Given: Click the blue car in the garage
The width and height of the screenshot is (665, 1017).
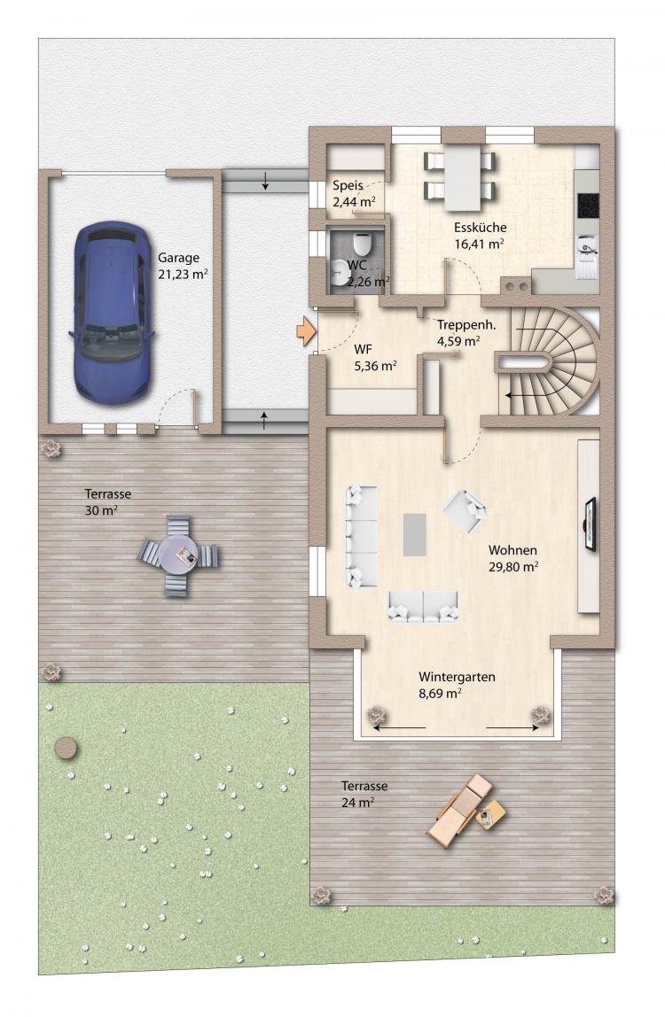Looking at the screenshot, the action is pos(112,314).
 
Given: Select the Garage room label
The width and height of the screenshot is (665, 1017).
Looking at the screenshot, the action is pos(178,258).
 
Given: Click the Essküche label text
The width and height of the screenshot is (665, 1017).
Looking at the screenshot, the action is pos(480,228).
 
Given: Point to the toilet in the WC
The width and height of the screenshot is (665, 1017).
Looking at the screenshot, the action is pos(362,244).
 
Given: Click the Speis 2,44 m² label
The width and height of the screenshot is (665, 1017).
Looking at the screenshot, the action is pos(354,194).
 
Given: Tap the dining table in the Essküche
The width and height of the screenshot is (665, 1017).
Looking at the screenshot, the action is pos(462,177).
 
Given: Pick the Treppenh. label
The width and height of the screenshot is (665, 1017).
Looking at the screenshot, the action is pos(466,325).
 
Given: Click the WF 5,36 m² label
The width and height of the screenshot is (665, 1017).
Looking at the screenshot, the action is pos(375,357).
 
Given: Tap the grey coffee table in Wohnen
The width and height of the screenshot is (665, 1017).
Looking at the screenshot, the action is pos(414,534).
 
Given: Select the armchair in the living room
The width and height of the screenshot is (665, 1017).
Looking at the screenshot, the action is pos(465,510).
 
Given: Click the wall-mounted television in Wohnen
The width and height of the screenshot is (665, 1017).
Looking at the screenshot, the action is pos(591,524).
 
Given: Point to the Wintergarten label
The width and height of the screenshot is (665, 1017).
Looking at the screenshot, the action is pos(458,677).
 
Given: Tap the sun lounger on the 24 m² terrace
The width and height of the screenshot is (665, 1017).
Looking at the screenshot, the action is pos(460,809).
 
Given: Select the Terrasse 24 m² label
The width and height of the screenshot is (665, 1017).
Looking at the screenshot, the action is pos(364,794).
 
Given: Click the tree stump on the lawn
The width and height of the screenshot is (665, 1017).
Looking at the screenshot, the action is pos(66,748).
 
